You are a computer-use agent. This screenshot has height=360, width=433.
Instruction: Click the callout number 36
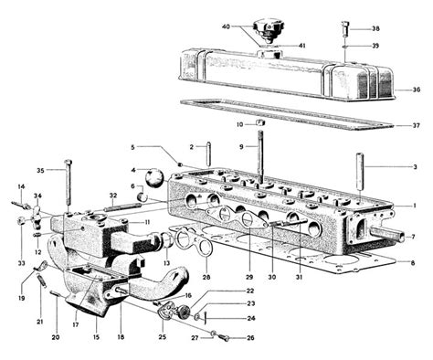[x=417, y=90]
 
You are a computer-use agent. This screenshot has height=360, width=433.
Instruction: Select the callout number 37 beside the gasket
[x=417, y=125]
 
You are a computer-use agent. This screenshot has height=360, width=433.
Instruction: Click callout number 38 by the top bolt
[x=376, y=29]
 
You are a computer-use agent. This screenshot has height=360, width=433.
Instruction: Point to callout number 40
[x=227, y=26]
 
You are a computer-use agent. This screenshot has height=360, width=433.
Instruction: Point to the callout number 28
[x=206, y=277]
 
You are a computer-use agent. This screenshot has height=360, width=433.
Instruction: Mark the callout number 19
[x=19, y=298]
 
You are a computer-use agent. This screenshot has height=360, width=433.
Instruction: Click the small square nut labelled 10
[x=259, y=122]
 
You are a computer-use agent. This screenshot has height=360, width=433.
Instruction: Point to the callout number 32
[x=112, y=196]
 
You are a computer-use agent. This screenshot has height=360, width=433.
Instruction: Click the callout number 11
[x=147, y=222]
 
